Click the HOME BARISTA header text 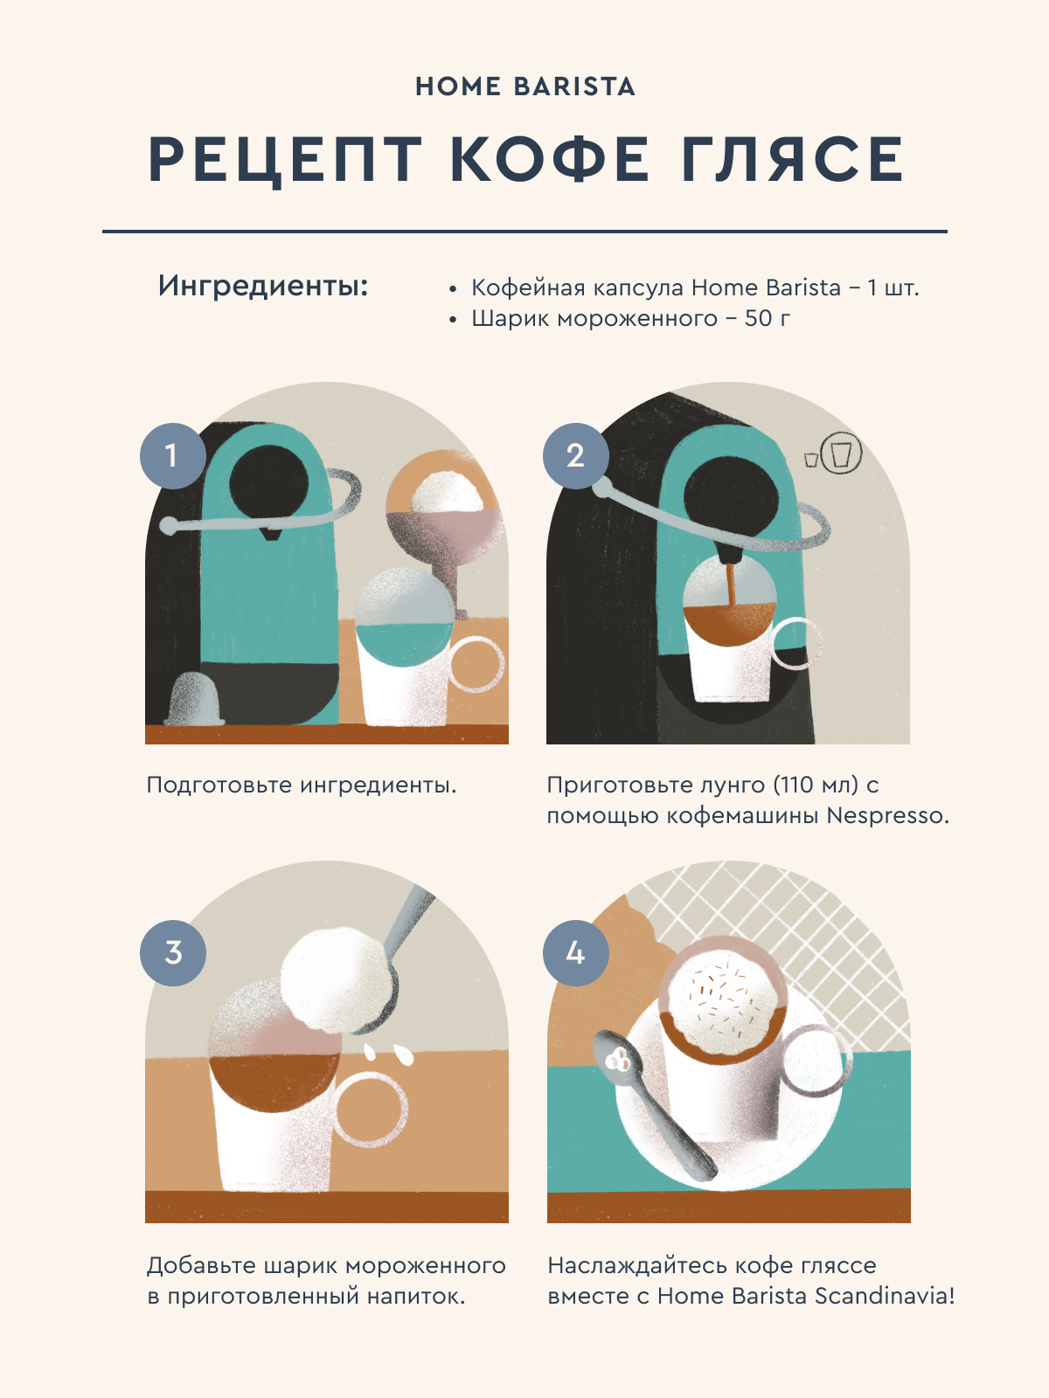524,87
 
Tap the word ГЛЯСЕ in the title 792,159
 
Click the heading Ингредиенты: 263,286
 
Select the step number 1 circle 172,455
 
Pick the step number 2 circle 576,455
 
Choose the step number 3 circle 172,952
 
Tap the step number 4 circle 576,952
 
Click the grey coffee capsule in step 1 195,699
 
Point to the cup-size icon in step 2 834,453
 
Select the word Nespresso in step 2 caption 888,815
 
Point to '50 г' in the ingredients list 768,318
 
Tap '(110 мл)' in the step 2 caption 816,785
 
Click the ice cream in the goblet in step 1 447,492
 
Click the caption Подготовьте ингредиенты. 302,786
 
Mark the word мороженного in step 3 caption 425,1265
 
